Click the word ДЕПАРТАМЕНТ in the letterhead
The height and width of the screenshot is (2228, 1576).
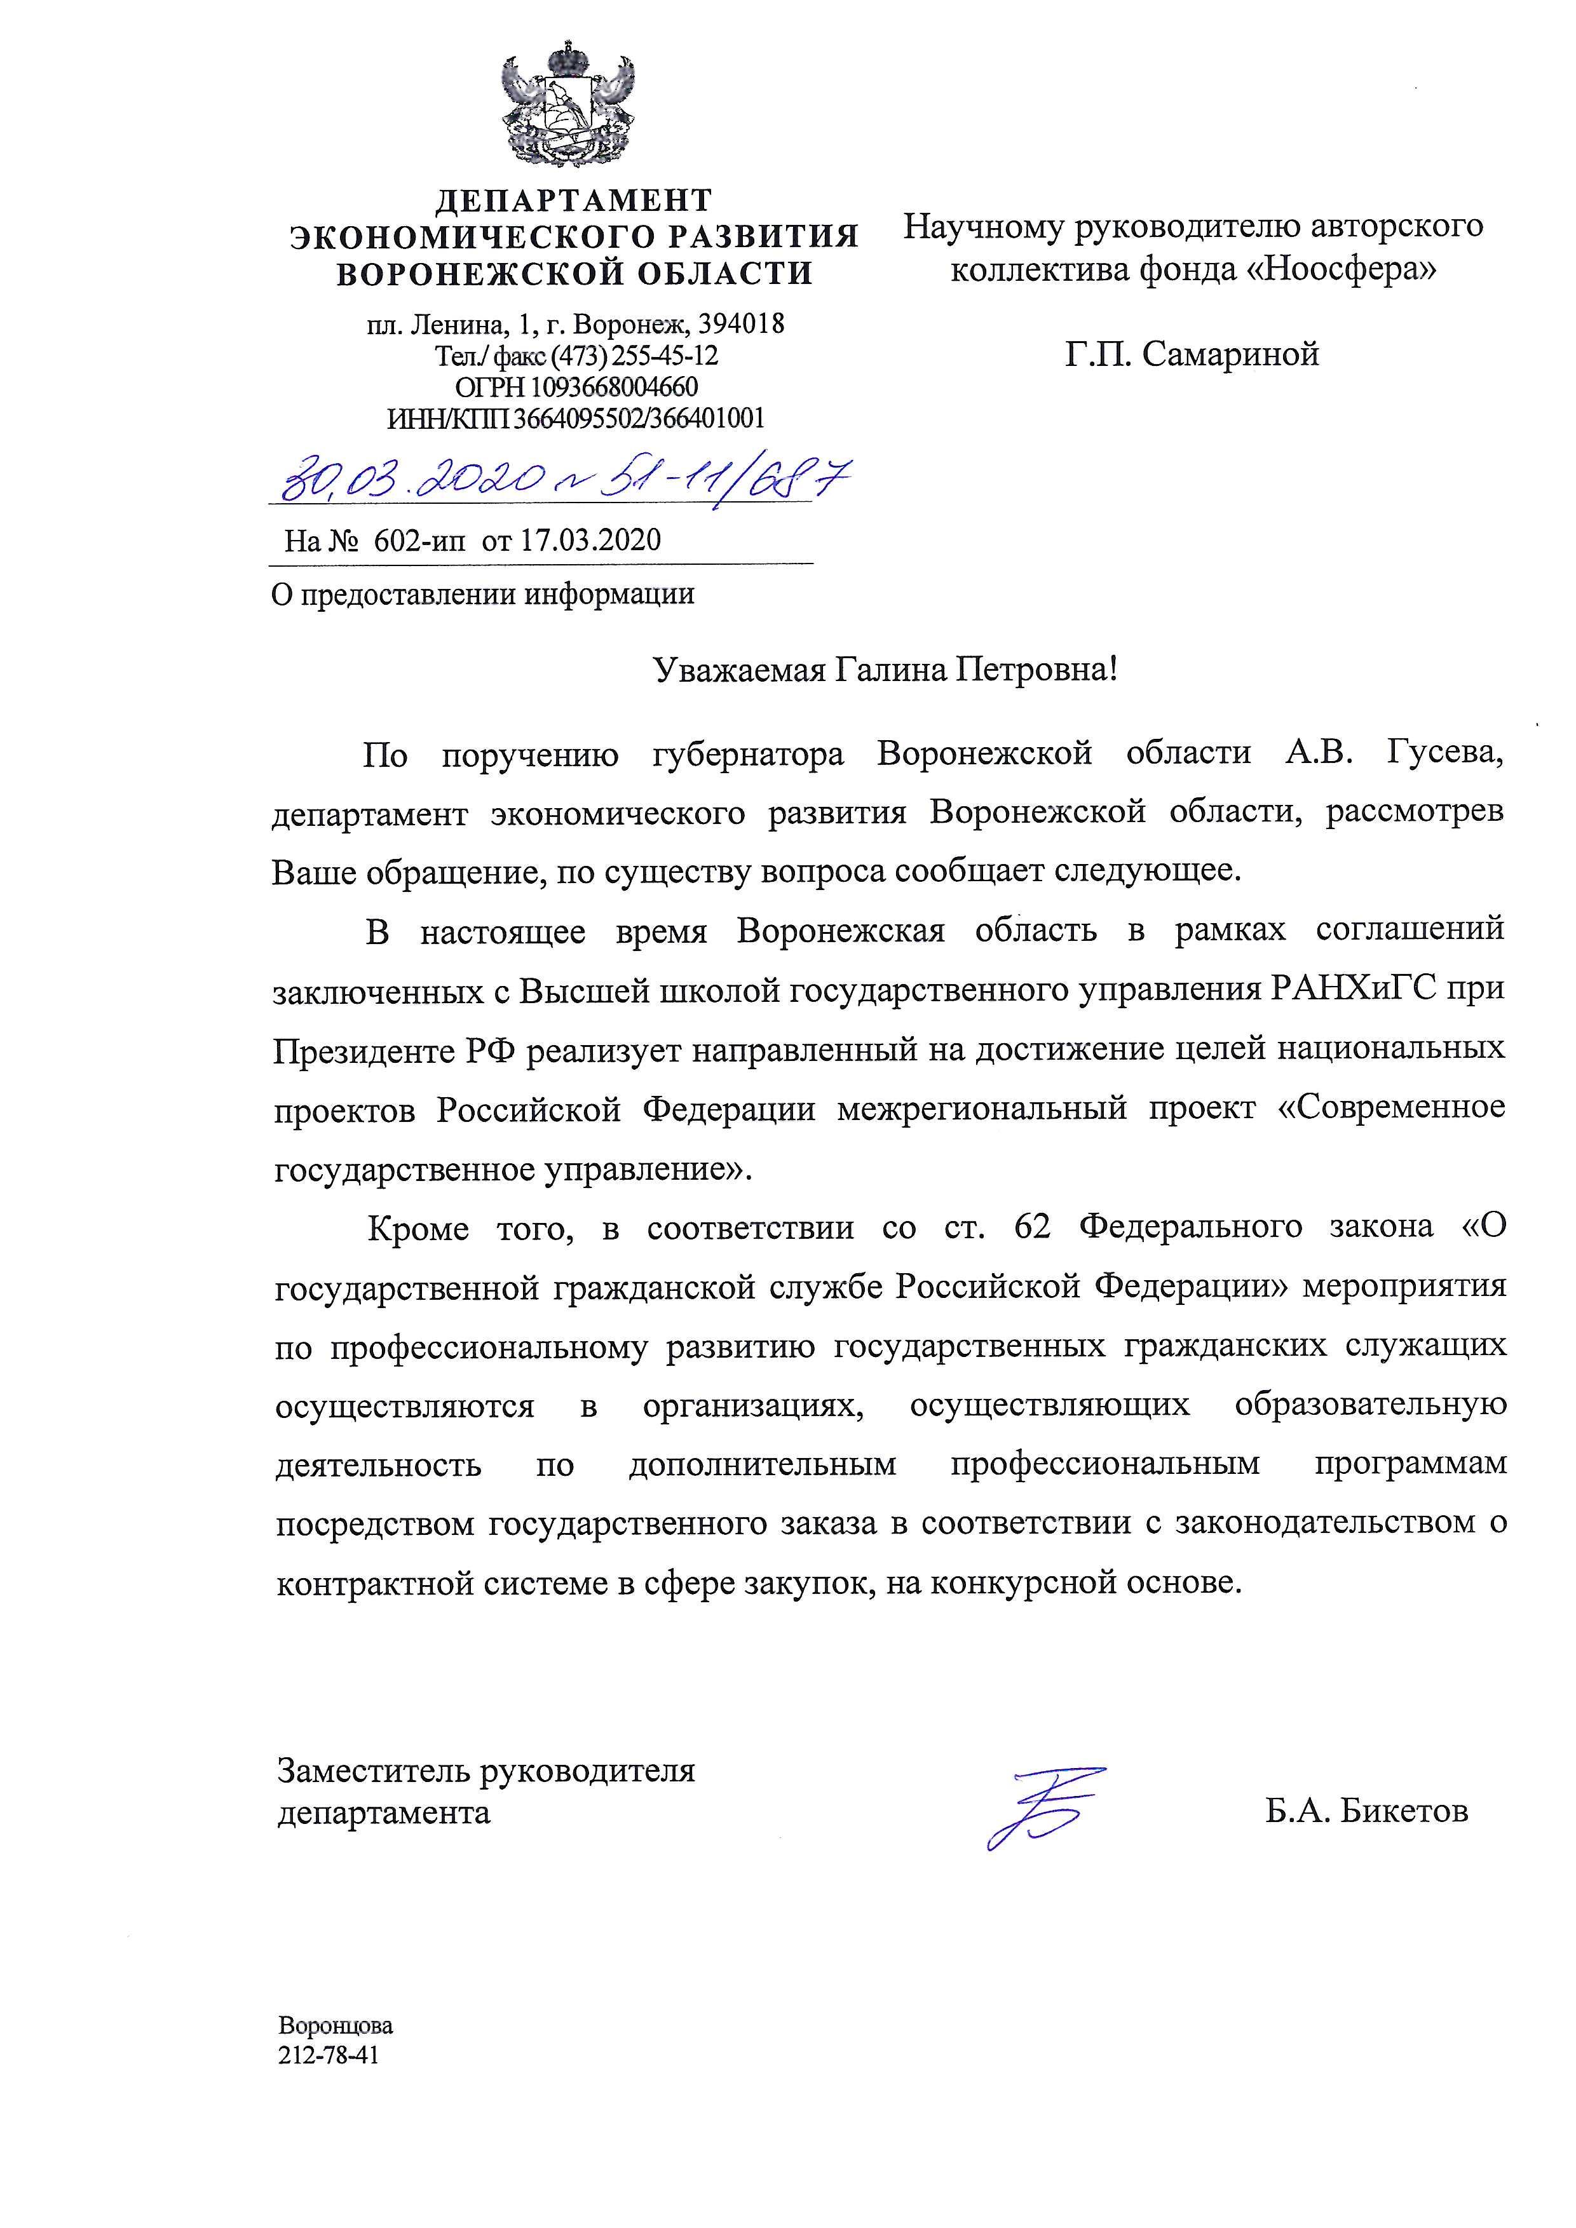coord(574,201)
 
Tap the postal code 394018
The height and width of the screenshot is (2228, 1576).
coord(740,323)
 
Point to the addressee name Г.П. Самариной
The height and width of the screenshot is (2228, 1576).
coord(1192,355)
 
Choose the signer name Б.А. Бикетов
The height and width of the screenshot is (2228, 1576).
coord(1366,1811)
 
